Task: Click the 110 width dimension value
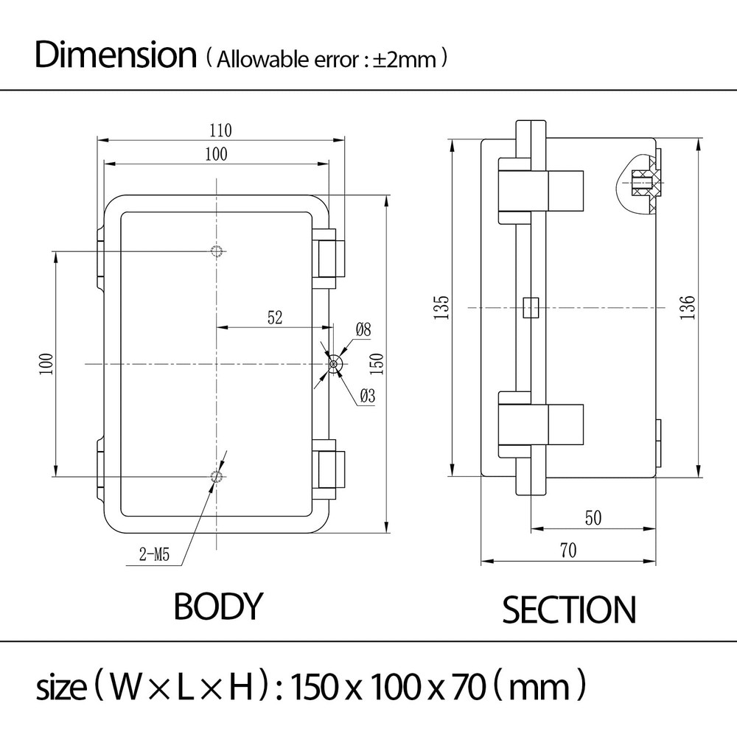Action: pyautogui.click(x=220, y=131)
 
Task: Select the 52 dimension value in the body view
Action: pyautogui.click(x=274, y=318)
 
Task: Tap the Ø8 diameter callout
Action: pyautogui.click(x=363, y=330)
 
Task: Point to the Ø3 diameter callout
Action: pyautogui.click(x=367, y=396)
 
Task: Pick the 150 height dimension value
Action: pyautogui.click(x=377, y=363)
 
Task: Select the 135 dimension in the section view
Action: pyautogui.click(x=441, y=307)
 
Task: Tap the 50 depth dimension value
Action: pyautogui.click(x=593, y=518)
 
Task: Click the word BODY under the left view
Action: pyautogui.click(x=217, y=606)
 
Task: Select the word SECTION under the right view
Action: pyautogui.click(x=568, y=610)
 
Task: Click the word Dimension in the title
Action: pyautogui.click(x=115, y=56)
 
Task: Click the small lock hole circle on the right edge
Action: pyautogui.click(x=335, y=363)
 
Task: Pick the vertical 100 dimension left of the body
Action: pyautogui.click(x=45, y=364)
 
